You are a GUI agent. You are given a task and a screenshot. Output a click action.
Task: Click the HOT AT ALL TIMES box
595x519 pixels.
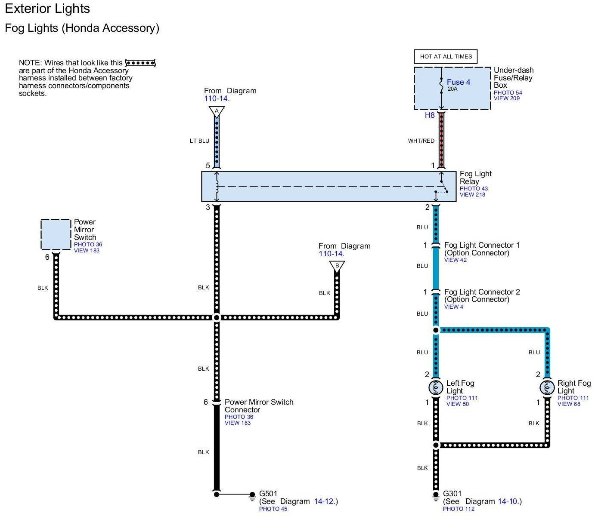pyautogui.click(x=446, y=56)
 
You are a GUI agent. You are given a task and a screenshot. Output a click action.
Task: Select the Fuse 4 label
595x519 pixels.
pyautogui.click(x=458, y=82)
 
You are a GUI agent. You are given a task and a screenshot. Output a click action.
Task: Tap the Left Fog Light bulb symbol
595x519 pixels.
pyautogui.click(x=436, y=388)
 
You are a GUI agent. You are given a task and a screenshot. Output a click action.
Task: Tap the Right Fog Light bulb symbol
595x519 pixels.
pyautogui.click(x=547, y=388)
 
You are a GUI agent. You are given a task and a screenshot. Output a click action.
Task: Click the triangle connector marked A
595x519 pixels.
pyautogui.click(x=217, y=111)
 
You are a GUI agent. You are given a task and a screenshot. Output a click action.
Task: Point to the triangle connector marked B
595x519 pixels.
pyautogui.click(x=337, y=266)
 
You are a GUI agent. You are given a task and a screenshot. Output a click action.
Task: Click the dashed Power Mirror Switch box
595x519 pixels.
pyautogui.click(x=56, y=234)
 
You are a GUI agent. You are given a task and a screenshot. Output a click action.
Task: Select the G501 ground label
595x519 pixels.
pyautogui.click(x=268, y=494)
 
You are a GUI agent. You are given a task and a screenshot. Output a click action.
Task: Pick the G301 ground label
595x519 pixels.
pyautogui.click(x=452, y=494)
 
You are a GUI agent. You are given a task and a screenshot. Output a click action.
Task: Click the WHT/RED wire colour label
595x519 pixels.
pyautogui.click(x=421, y=141)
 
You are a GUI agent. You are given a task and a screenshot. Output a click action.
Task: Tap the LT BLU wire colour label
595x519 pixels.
pyautogui.click(x=199, y=141)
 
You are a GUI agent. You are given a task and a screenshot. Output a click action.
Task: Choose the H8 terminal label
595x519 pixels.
pyautogui.click(x=430, y=115)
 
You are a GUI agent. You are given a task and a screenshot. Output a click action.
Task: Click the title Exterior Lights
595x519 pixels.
pyautogui.click(x=47, y=9)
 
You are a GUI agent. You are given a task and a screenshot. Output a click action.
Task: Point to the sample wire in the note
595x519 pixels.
pyautogui.click(x=140, y=63)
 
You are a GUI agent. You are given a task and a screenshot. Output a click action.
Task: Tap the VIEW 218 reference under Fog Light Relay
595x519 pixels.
pyautogui.click(x=472, y=195)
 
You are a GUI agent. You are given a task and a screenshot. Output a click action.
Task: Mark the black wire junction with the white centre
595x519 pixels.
pyautogui.click(x=217, y=317)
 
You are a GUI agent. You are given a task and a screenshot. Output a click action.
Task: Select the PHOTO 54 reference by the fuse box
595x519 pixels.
pyautogui.click(x=508, y=92)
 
